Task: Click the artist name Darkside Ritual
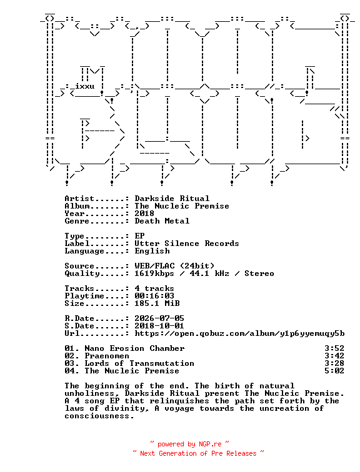[172, 199]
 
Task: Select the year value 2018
[144, 214]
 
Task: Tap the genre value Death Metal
[162, 221]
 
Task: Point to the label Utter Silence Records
[187, 243]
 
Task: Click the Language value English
[152, 251]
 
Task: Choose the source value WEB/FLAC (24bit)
[174, 266]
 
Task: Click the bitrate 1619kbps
[154, 273]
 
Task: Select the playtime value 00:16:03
[154, 296]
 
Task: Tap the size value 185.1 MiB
[157, 303]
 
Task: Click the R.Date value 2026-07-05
[159, 318]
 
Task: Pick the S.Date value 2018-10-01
[159, 326]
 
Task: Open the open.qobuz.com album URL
[239, 333]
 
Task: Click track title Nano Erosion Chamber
[134, 348]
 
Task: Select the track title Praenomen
[107, 356]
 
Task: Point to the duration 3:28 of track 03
[334, 363]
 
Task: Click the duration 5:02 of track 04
[334, 371]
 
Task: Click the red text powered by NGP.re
[189, 444]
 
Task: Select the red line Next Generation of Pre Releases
[198, 453]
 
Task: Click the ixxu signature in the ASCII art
[84, 86]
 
